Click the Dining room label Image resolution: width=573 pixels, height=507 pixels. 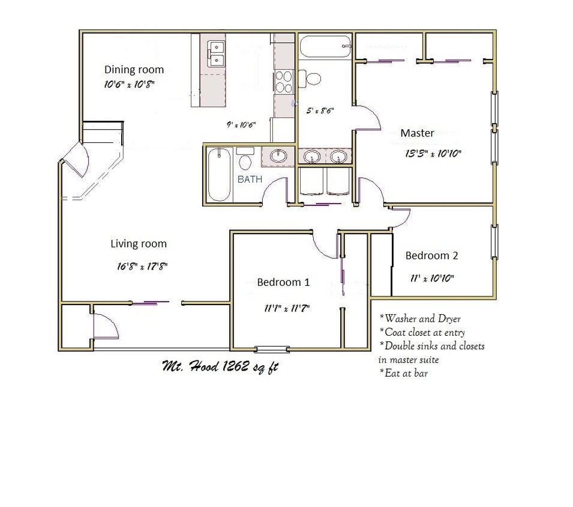pyautogui.click(x=134, y=70)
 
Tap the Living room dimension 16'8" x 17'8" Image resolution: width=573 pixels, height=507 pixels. pyautogui.click(x=142, y=266)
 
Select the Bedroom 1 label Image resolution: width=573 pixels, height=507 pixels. pyautogui.click(x=283, y=282)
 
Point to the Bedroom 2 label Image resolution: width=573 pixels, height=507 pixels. pyautogui.click(x=431, y=255)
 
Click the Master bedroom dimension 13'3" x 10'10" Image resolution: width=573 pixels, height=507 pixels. pyautogui.click(x=433, y=153)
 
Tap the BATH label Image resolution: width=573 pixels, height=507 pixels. pyautogui.click(x=250, y=179)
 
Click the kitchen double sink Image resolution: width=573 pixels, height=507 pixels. pyautogui.click(x=216, y=54)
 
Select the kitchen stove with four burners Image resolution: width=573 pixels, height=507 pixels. pyautogui.click(x=284, y=82)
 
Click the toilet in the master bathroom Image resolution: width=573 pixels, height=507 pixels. pyautogui.click(x=310, y=78)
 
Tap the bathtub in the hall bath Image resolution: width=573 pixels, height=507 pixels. pyautogui.click(x=219, y=174)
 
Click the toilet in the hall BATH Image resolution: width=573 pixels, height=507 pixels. pyautogui.click(x=245, y=158)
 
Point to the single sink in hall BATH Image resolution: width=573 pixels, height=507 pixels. pyautogui.click(x=278, y=156)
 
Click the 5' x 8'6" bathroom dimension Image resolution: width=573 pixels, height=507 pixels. pyautogui.click(x=320, y=111)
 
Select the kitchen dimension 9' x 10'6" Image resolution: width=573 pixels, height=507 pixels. pyautogui.click(x=241, y=125)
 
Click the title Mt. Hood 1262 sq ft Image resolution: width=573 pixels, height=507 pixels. pyautogui.click(x=220, y=366)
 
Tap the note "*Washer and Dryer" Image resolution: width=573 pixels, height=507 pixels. pyautogui.click(x=420, y=318)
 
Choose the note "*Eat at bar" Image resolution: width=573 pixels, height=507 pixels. pyautogui.click(x=403, y=373)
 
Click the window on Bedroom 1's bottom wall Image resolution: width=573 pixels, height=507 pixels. pyautogui.click(x=272, y=350)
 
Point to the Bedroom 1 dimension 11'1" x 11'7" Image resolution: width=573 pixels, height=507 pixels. pyautogui.click(x=287, y=309)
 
